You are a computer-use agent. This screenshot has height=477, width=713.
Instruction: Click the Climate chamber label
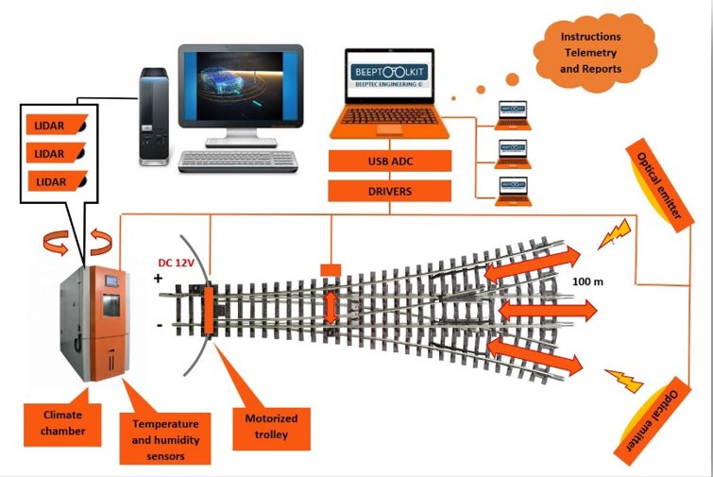pyautogui.click(x=60, y=420)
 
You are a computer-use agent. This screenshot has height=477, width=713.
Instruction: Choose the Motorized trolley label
pyautogui.click(x=271, y=427)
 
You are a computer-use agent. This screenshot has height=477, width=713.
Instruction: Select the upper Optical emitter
pyautogui.click(x=658, y=186)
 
